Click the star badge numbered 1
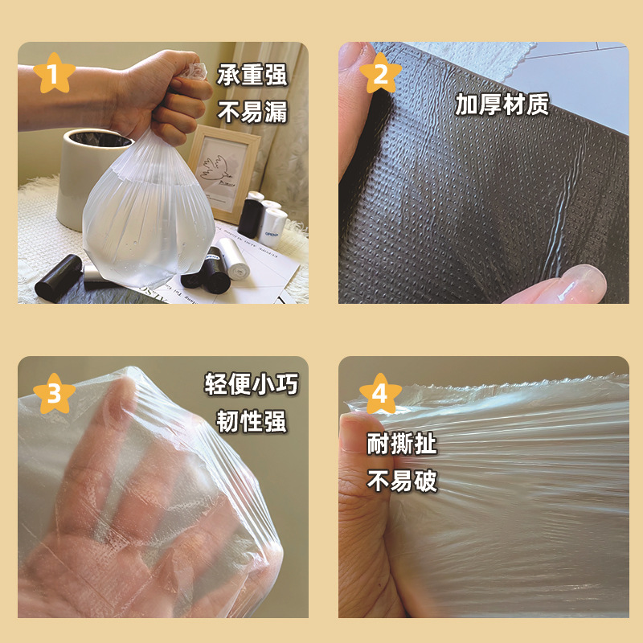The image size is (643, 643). tap(54, 74)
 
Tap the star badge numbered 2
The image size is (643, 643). tap(380, 73)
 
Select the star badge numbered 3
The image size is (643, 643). tap(54, 394)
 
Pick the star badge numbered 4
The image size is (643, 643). tap(380, 394)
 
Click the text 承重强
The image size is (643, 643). tap(252, 75)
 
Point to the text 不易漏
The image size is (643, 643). tap(252, 112)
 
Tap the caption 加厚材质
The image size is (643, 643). tap(502, 104)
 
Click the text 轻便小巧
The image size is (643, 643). tap(252, 384)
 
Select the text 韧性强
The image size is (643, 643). tap(252, 421)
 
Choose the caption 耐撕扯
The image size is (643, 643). tap(401, 444)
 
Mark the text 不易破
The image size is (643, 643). tap(401, 481)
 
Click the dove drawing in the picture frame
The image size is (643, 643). tap(215, 169)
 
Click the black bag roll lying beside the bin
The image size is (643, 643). tap(59, 278)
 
